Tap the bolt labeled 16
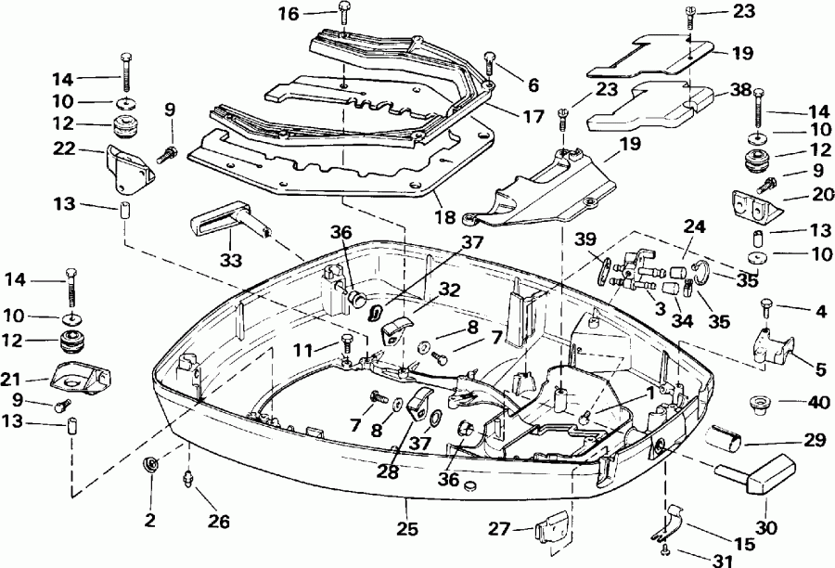(x=344, y=16)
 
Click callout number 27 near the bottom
(x=500, y=530)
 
